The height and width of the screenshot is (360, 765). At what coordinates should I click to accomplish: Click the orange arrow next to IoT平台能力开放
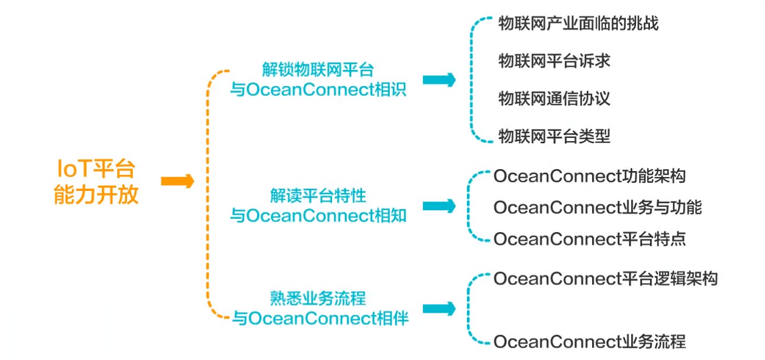[x=177, y=181]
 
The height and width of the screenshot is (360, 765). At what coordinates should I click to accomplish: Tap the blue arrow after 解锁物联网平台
[x=439, y=80]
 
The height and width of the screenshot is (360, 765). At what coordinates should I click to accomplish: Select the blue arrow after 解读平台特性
[x=439, y=206]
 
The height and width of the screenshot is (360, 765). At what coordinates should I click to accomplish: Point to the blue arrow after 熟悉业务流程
[x=439, y=309]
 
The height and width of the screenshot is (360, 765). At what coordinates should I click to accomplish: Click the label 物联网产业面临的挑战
[x=578, y=24]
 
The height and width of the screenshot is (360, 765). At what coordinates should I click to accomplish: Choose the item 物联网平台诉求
[x=554, y=61]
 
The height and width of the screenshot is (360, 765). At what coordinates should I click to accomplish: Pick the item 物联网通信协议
[x=554, y=98]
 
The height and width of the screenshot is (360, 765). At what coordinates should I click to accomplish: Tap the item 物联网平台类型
[x=554, y=136]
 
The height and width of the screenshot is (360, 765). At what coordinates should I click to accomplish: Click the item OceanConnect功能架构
[x=589, y=176]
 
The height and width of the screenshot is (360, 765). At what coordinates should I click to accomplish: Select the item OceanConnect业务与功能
[x=597, y=207]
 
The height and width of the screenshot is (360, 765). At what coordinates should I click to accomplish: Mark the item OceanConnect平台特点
[x=589, y=238]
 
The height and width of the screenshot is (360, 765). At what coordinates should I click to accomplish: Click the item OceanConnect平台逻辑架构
[x=605, y=278]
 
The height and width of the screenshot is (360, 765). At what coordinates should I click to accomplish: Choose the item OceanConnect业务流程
[x=589, y=342]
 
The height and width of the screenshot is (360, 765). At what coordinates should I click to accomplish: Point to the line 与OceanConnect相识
[x=318, y=90]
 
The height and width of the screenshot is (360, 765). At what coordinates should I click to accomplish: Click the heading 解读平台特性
[x=318, y=196]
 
